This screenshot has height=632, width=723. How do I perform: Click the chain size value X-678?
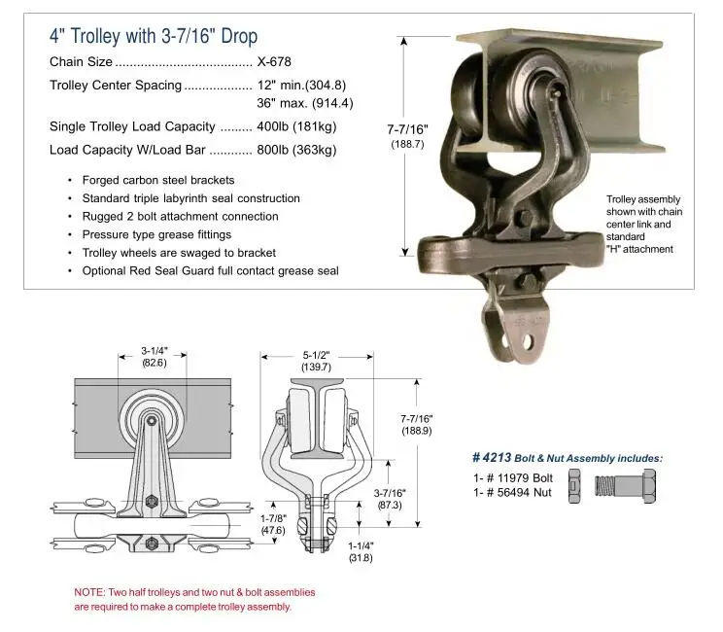point(274,61)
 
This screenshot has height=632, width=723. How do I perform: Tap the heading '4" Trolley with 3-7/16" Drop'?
point(154,36)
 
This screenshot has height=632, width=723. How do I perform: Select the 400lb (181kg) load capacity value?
point(296,126)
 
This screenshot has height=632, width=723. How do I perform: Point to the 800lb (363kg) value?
point(296,150)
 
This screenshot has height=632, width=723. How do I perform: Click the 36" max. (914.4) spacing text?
point(305,103)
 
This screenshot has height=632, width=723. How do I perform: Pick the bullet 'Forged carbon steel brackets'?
point(158,180)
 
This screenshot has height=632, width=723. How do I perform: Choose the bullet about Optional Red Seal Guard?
point(210,271)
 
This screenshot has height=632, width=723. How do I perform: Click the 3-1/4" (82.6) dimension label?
point(155,357)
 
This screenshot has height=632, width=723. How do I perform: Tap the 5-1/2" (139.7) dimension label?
point(317,361)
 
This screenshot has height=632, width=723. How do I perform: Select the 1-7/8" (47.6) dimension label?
point(273,524)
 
